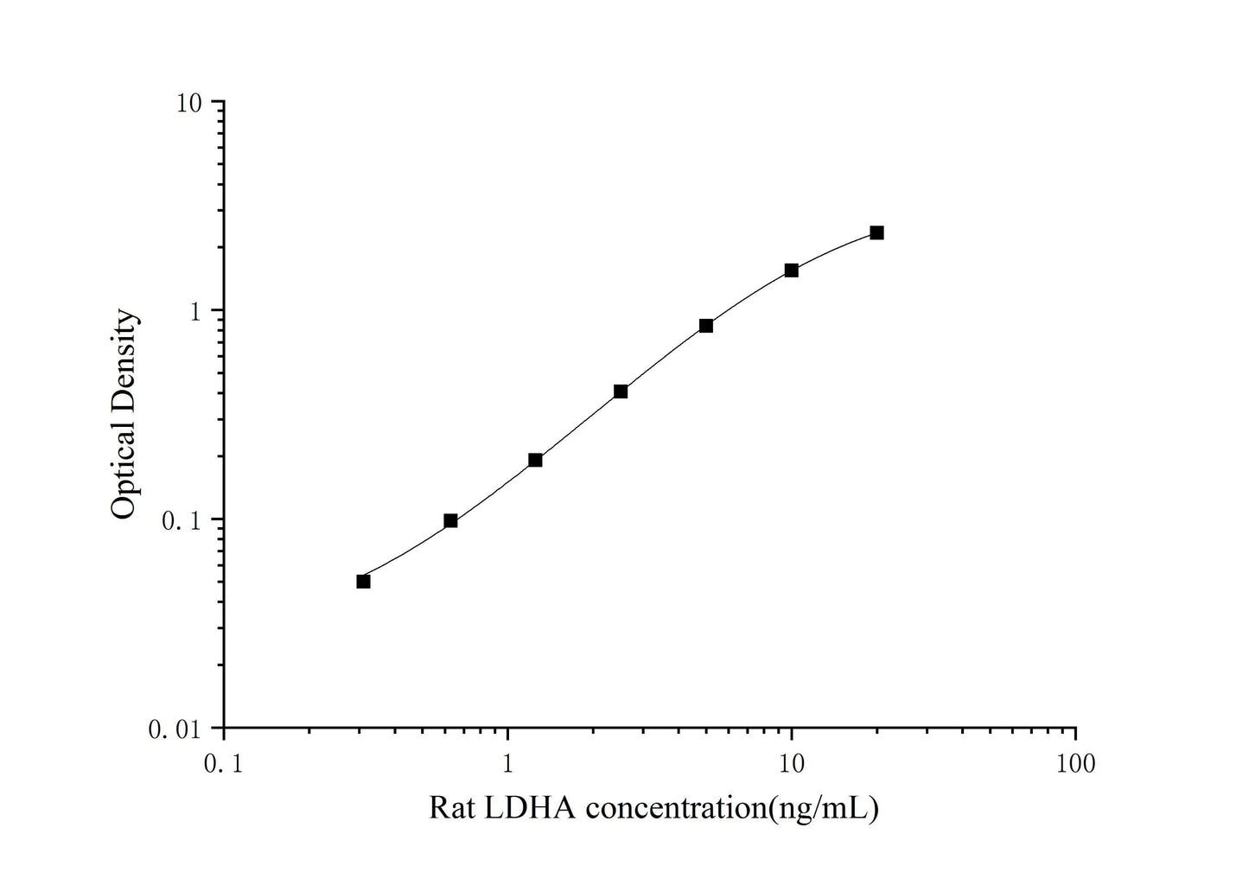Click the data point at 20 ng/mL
tap(876, 232)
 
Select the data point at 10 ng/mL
tap(791, 271)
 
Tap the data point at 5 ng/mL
tap(706, 326)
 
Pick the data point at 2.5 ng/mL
tap(621, 391)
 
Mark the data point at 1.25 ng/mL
tap(535, 460)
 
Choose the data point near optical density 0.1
tap(450, 520)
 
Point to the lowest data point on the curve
tap(363, 582)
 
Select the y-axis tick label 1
tap(195, 311)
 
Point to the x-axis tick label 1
tap(508, 764)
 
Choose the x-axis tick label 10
tap(792, 764)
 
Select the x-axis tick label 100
tap(1075, 764)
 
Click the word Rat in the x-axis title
tap(450, 808)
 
